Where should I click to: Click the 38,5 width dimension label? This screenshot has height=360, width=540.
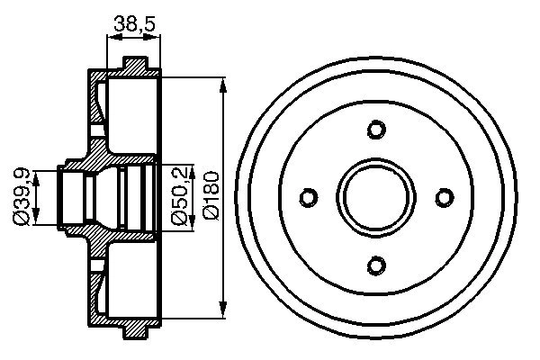[x=132, y=25]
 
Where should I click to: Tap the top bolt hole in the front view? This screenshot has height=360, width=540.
[x=376, y=130]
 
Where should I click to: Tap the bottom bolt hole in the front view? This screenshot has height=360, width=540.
[x=376, y=264]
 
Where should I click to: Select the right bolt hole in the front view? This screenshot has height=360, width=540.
[x=443, y=197]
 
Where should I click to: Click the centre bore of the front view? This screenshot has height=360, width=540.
[x=376, y=197]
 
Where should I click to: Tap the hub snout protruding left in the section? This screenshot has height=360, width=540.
[x=68, y=197]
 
